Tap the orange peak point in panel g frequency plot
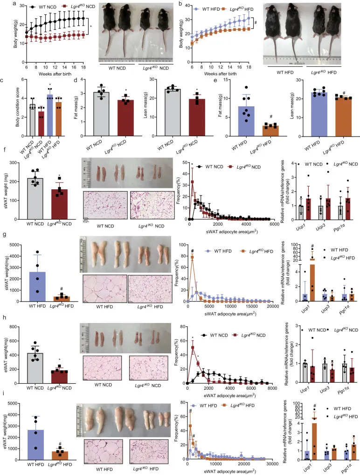[x=192, y=256]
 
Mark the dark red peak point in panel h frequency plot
[x=192, y=347]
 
